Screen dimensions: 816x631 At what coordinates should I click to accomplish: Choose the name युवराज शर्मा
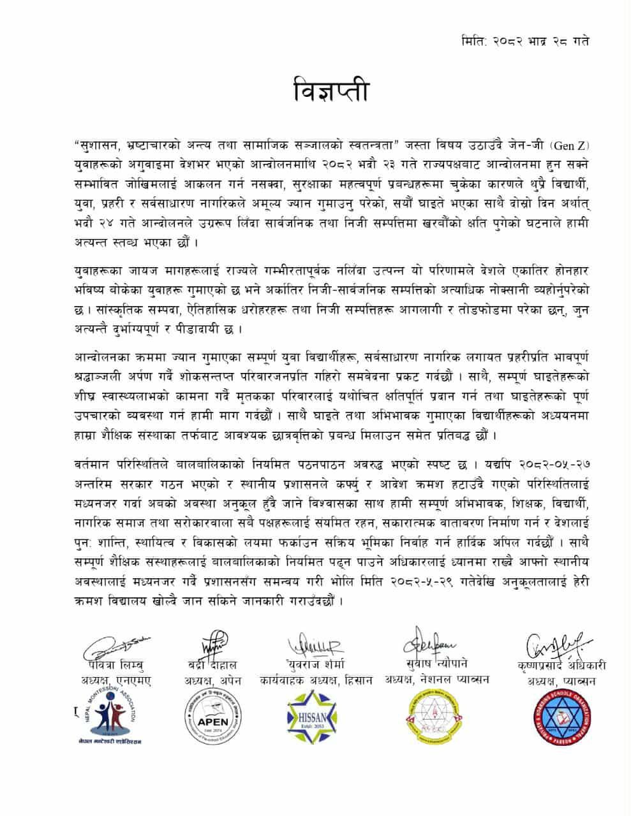coord(315,665)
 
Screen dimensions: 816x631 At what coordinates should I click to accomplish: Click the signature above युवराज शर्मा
coord(316,646)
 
